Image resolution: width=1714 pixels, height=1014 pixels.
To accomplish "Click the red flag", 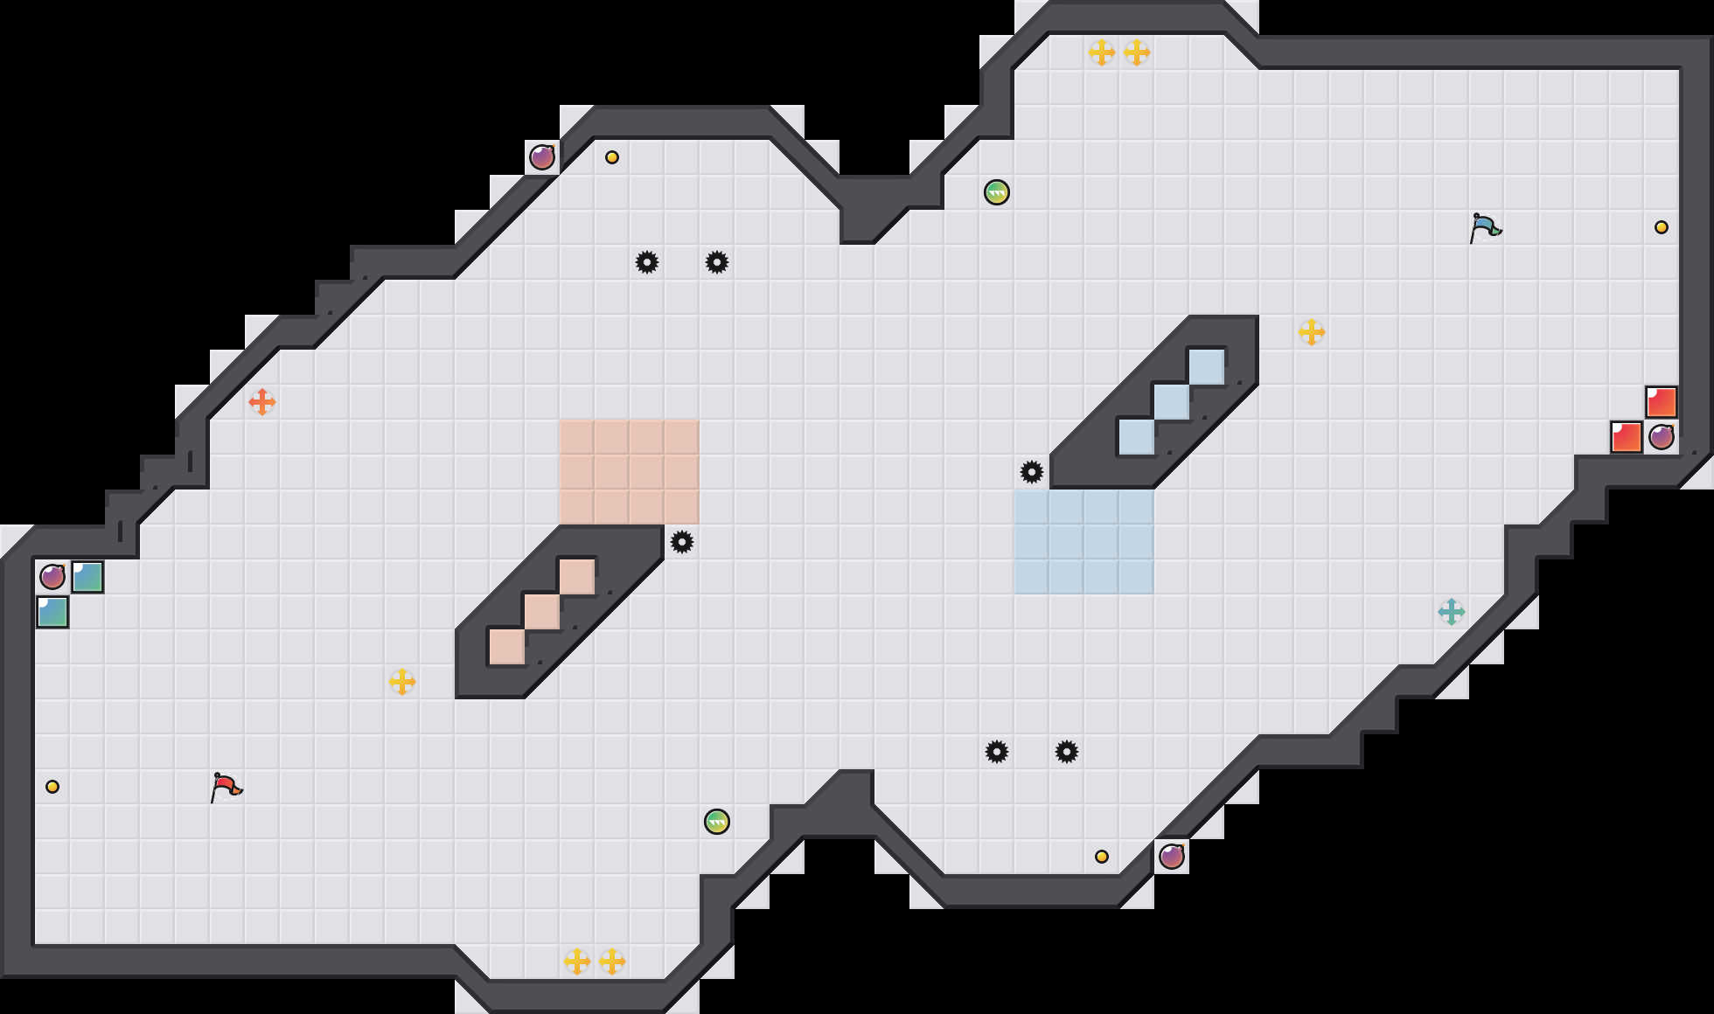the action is [x=226, y=787].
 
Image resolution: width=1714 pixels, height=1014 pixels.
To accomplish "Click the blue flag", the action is [x=1485, y=227].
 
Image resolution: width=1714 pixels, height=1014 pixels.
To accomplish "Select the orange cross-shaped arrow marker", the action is [x=262, y=402].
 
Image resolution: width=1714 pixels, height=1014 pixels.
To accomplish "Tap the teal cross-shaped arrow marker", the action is [x=1452, y=612].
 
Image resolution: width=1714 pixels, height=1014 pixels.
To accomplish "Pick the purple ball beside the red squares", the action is [x=1662, y=437].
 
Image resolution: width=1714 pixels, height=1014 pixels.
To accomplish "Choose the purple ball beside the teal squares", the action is [x=52, y=577].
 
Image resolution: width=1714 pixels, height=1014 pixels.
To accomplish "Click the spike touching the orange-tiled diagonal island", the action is [x=682, y=542].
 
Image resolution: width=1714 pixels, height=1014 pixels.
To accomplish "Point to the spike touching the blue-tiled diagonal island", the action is [x=1032, y=472].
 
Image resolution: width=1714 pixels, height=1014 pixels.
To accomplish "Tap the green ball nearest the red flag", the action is [x=717, y=822].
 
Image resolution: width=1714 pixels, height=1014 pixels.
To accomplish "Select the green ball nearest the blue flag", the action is [x=997, y=192].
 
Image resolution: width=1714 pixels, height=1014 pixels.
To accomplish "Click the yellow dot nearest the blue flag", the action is [x=1662, y=227].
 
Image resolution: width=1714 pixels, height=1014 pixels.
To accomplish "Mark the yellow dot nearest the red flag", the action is [x=52, y=787].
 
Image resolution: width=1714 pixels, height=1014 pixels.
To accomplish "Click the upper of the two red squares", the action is [x=1662, y=402].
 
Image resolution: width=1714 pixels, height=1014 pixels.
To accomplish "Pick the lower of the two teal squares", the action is [x=52, y=612].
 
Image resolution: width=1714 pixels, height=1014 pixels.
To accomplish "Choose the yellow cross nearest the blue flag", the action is [x=1312, y=332].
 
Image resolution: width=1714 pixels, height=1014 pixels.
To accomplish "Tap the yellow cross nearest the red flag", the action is [x=402, y=682].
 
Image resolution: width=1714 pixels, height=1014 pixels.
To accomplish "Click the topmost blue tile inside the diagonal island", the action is [x=1207, y=367].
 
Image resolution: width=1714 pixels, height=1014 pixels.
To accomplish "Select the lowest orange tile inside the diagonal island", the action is [x=507, y=647].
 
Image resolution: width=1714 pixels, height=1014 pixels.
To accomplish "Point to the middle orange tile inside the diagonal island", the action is [x=542, y=612].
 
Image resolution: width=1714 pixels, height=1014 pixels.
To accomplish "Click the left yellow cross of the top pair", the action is [x=1102, y=52].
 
